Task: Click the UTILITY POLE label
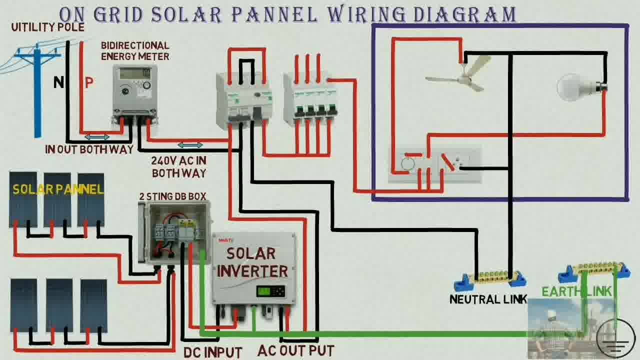pyautogui.click(x=47, y=27)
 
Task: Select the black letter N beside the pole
pyautogui.click(x=58, y=82)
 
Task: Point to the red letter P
pyautogui.click(x=89, y=82)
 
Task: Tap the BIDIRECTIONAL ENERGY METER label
pyautogui.click(x=135, y=51)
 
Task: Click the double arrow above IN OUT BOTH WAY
pyautogui.click(x=97, y=137)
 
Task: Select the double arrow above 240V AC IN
pyautogui.click(x=190, y=145)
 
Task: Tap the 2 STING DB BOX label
pyautogui.click(x=173, y=196)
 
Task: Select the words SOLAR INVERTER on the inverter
pyautogui.click(x=252, y=262)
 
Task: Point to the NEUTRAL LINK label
pyautogui.click(x=488, y=299)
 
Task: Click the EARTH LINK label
pyautogui.click(x=576, y=291)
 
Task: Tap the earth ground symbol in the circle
pyautogui.click(x=615, y=338)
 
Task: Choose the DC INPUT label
pyautogui.click(x=212, y=353)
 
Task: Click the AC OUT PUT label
pyautogui.click(x=295, y=351)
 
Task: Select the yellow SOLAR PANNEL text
pyautogui.click(x=58, y=189)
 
